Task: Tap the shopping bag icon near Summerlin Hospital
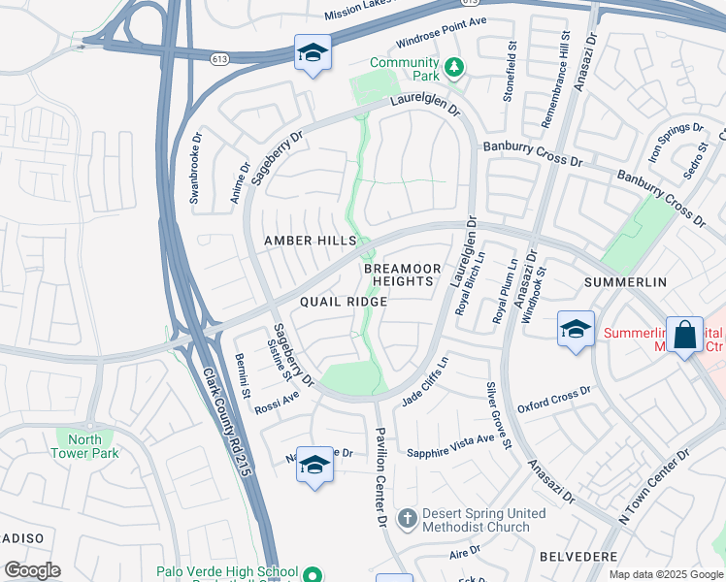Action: (x=684, y=335)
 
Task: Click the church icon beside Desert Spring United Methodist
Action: (x=408, y=519)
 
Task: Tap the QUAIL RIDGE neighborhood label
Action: (x=343, y=302)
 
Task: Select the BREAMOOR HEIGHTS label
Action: (x=402, y=275)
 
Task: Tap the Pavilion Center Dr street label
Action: (x=379, y=466)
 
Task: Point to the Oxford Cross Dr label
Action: (x=553, y=399)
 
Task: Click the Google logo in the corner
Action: (x=32, y=570)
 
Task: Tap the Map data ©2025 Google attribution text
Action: (x=665, y=574)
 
